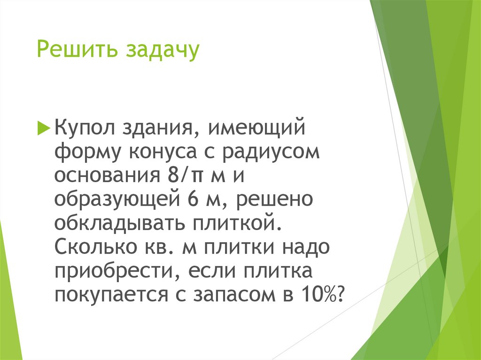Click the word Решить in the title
[x=77, y=50]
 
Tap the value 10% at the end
[x=321, y=297]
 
